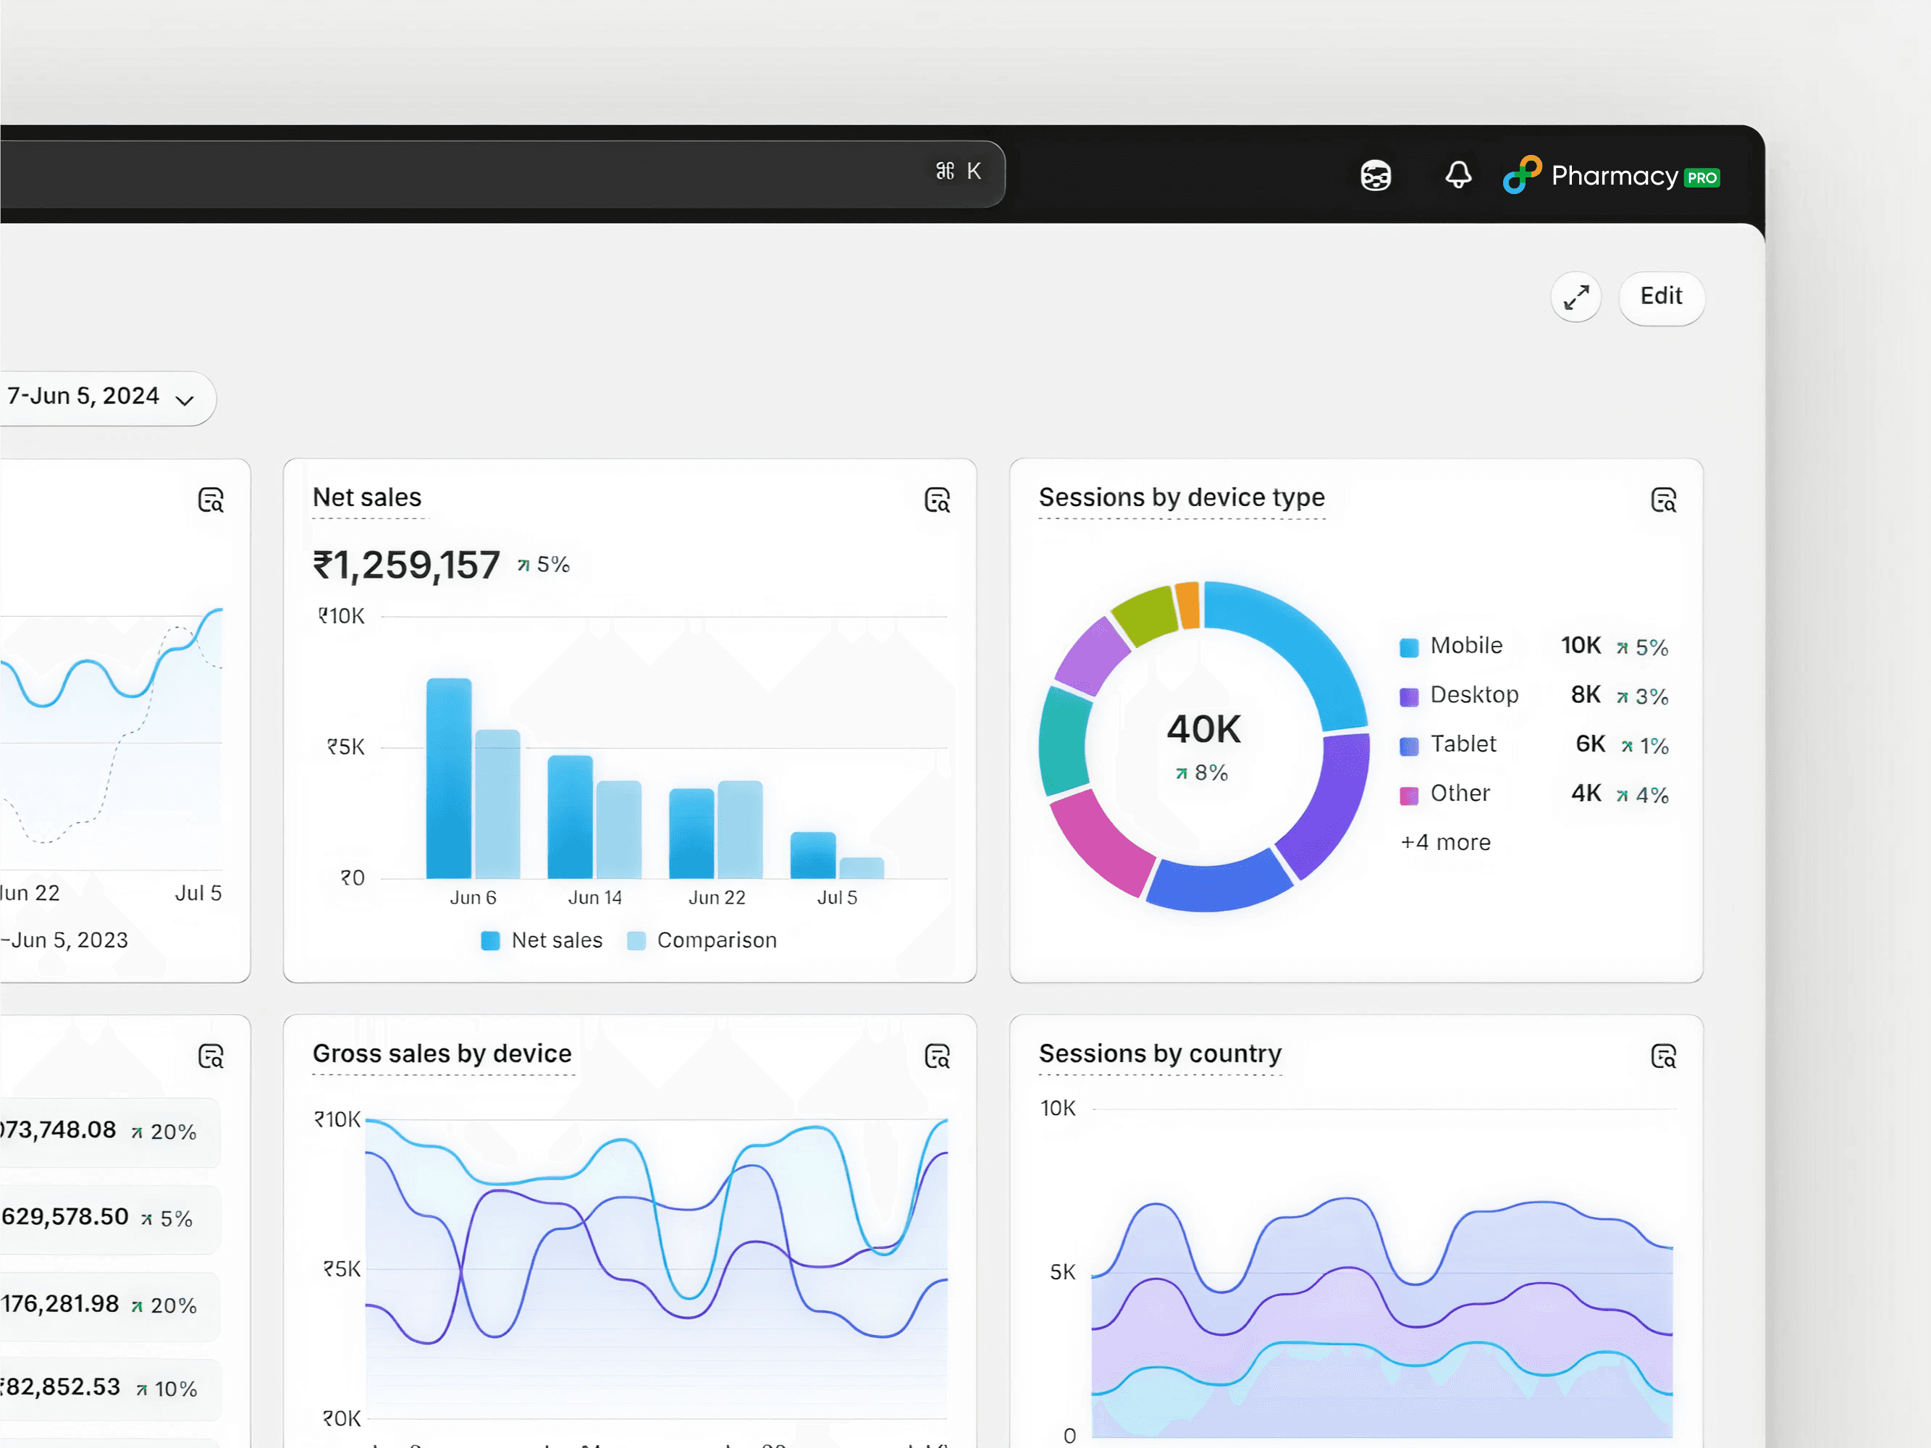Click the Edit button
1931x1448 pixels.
coord(1660,297)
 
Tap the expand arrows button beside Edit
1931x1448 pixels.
coord(1575,298)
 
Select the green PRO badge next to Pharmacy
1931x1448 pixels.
coord(1701,178)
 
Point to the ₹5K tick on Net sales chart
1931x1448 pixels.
coord(345,747)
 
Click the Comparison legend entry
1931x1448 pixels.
coord(703,940)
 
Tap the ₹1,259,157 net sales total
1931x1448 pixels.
coord(407,565)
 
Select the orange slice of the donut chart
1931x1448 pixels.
coord(1187,604)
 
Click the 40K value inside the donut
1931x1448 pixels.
coord(1204,730)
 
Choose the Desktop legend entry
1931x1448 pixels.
coord(1473,695)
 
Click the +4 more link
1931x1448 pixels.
coord(1446,842)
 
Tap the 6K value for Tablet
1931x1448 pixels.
coord(1590,744)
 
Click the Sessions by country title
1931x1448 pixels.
coord(1159,1053)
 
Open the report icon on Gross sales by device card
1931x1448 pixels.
coord(937,1056)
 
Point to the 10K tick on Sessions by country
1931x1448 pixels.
coord(1058,1108)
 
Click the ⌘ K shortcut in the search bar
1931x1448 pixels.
coord(959,171)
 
